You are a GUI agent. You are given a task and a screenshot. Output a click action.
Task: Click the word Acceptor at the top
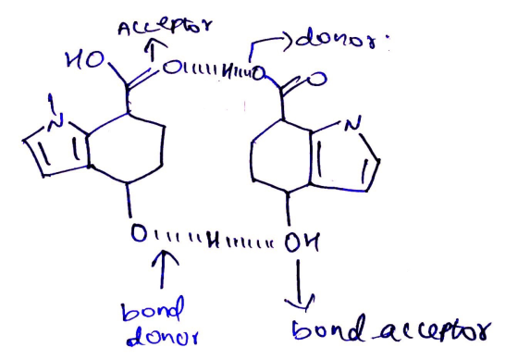(x=165, y=27)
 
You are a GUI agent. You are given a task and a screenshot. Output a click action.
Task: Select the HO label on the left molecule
(x=85, y=60)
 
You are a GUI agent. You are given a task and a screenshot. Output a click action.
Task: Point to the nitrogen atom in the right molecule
(x=352, y=124)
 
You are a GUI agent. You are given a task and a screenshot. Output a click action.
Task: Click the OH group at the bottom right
(x=302, y=242)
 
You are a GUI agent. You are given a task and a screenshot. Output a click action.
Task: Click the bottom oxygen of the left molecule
(x=139, y=232)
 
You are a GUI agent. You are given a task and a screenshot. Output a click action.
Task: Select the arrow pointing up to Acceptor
(x=152, y=50)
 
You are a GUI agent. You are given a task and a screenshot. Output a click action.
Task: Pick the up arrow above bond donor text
(x=163, y=269)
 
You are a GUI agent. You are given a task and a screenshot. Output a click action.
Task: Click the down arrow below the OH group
(x=299, y=285)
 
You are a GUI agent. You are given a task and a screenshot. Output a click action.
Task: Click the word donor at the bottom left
(x=163, y=337)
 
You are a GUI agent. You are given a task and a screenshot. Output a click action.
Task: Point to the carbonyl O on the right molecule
(x=316, y=80)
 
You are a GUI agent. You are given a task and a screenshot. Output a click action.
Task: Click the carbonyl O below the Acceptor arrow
(x=171, y=68)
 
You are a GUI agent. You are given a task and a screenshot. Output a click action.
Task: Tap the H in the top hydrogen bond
(x=228, y=73)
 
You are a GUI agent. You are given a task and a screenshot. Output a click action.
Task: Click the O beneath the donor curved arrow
(x=258, y=73)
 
